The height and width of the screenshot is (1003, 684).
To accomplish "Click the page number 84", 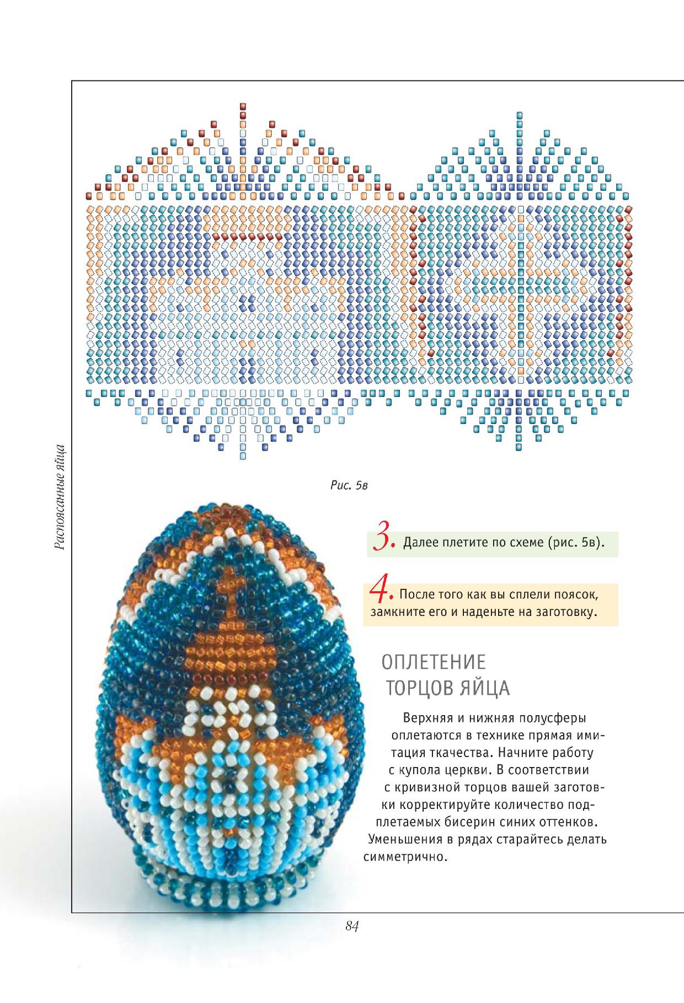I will [x=352, y=927].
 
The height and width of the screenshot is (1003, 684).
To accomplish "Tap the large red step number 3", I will [x=382, y=540].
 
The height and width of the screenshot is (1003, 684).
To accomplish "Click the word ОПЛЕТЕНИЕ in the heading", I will [x=434, y=662].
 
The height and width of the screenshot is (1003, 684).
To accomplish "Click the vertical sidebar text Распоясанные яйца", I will [x=62, y=497].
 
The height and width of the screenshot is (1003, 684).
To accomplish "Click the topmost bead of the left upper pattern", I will [x=243, y=105].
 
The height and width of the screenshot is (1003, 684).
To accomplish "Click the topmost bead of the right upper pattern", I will [x=519, y=114].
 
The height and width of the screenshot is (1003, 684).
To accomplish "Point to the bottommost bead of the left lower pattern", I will [x=243, y=457].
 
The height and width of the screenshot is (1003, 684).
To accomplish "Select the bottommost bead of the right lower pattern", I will [x=519, y=447].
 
